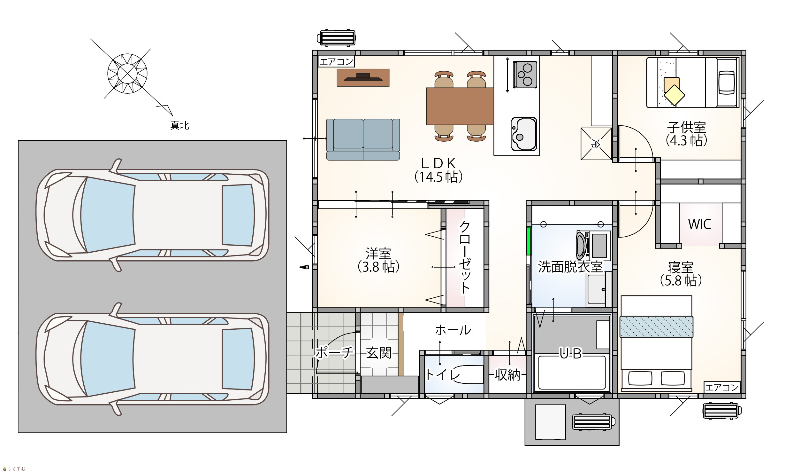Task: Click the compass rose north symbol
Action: (127, 74)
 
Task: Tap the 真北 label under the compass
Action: (180, 126)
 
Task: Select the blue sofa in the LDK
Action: (363, 139)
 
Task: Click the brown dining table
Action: (460, 106)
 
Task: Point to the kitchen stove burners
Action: (525, 75)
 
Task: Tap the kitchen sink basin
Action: (524, 134)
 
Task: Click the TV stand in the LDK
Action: (363, 77)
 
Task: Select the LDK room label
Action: (438, 170)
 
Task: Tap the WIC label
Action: (699, 224)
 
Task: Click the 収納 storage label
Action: (507, 375)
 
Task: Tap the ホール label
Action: (453, 330)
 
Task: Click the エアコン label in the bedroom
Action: (722, 387)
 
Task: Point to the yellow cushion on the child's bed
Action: (674, 95)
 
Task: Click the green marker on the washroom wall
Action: (529, 241)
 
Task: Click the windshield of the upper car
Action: (108, 215)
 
